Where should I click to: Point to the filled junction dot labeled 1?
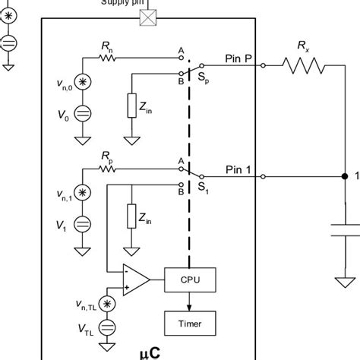tap(344, 178)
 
